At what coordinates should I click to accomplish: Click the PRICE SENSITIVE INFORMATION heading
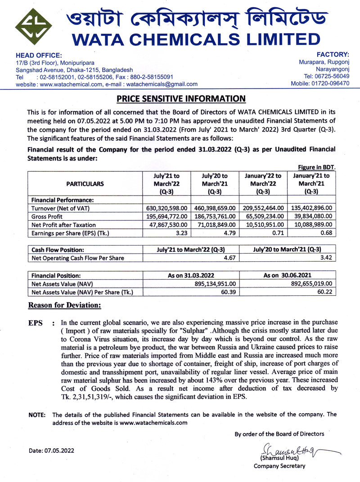coord(181,98)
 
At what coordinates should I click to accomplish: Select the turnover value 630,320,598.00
coord(166,208)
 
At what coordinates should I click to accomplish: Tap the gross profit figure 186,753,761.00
coord(215,216)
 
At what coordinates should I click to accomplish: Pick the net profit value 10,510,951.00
coord(263,224)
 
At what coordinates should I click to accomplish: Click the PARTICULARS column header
coord(85,183)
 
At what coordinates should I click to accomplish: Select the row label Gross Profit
coord(47,216)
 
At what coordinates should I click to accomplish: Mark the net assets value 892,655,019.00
coord(306,284)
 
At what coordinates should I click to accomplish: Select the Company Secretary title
coord(279,466)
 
